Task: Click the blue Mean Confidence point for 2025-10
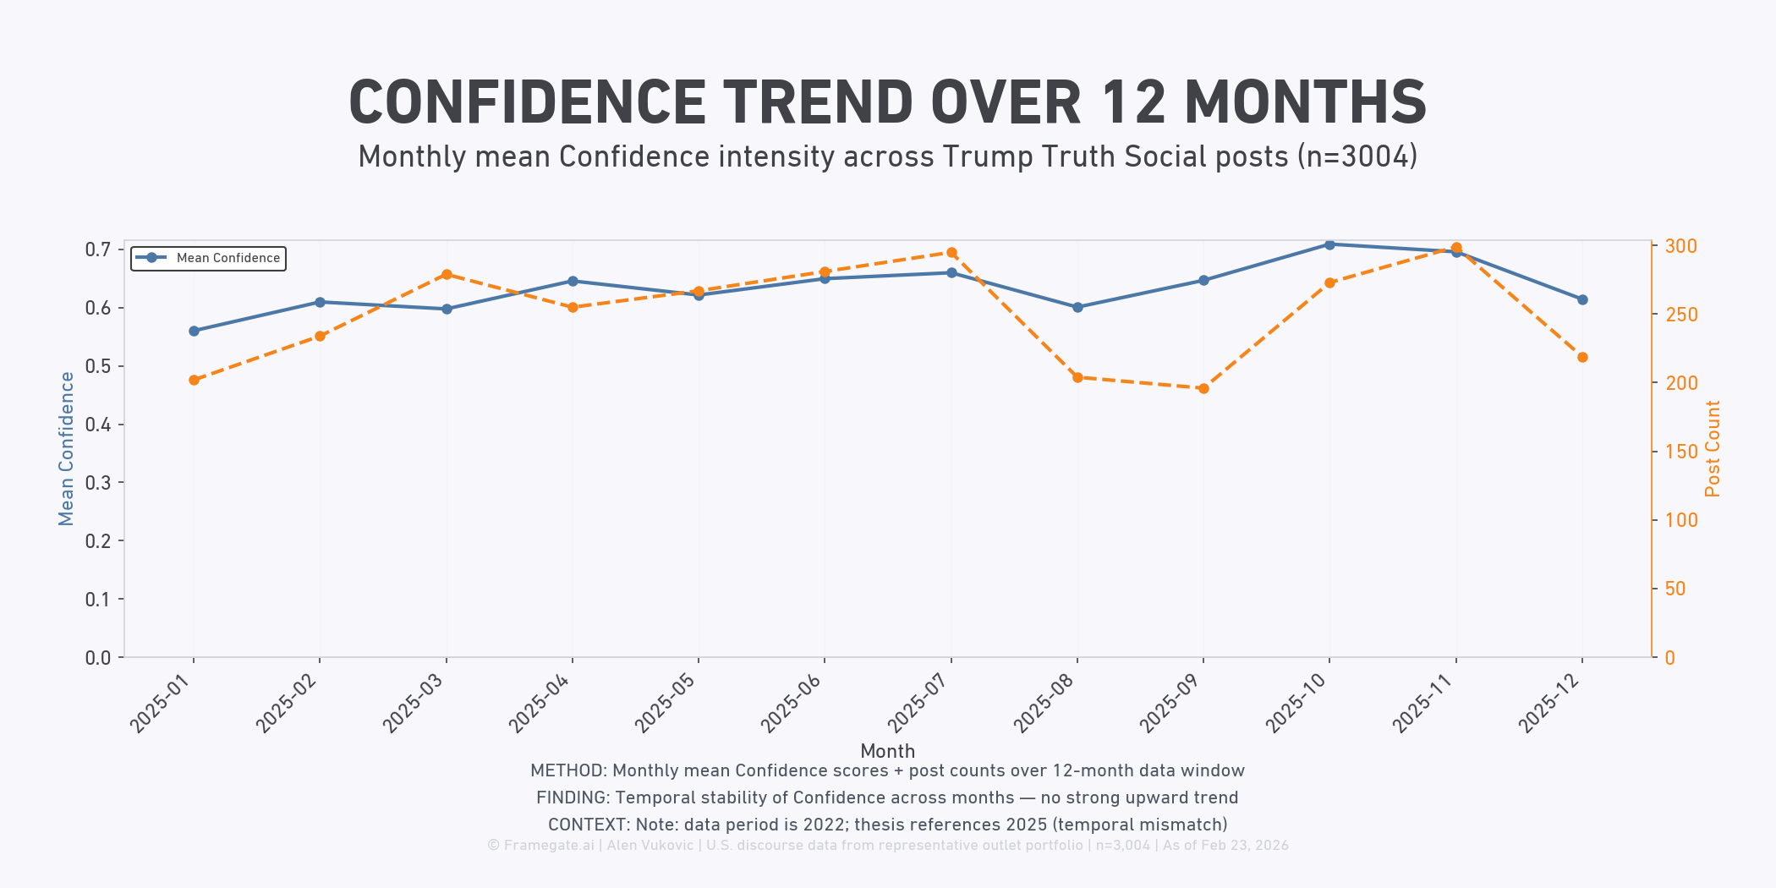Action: pos(1329,244)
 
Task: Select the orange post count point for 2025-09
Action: pos(1203,388)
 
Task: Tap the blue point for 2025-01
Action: pos(194,331)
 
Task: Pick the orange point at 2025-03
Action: pos(447,274)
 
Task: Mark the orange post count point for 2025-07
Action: pos(951,252)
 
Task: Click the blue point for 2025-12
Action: pos(1582,299)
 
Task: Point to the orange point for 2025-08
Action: pos(1077,377)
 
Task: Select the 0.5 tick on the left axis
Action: pos(98,366)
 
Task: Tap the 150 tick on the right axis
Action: pos(1680,452)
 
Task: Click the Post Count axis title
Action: pos(1713,449)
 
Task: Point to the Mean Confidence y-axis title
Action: pos(66,449)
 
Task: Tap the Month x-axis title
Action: pos(887,751)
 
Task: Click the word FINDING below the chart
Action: pos(572,798)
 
